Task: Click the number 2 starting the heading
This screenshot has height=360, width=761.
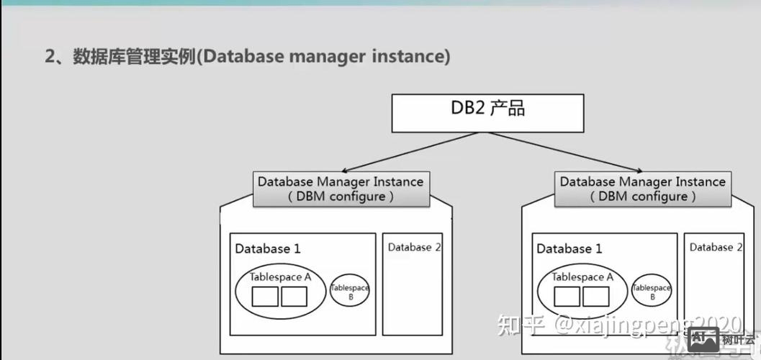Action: coord(50,57)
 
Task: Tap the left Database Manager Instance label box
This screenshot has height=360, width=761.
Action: coord(341,189)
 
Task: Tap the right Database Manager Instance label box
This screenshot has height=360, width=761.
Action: coord(643,189)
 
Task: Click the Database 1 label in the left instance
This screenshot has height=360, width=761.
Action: coord(267,249)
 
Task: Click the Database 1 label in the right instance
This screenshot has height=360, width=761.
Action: coord(569,249)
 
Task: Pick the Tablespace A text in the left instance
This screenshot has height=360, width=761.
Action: coord(280,276)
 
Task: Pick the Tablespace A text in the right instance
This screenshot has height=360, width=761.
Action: coord(582,276)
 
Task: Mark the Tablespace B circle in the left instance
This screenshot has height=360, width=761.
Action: coord(350,291)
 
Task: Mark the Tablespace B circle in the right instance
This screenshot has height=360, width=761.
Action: coord(652,291)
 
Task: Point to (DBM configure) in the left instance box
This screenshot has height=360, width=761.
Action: coord(341,197)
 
